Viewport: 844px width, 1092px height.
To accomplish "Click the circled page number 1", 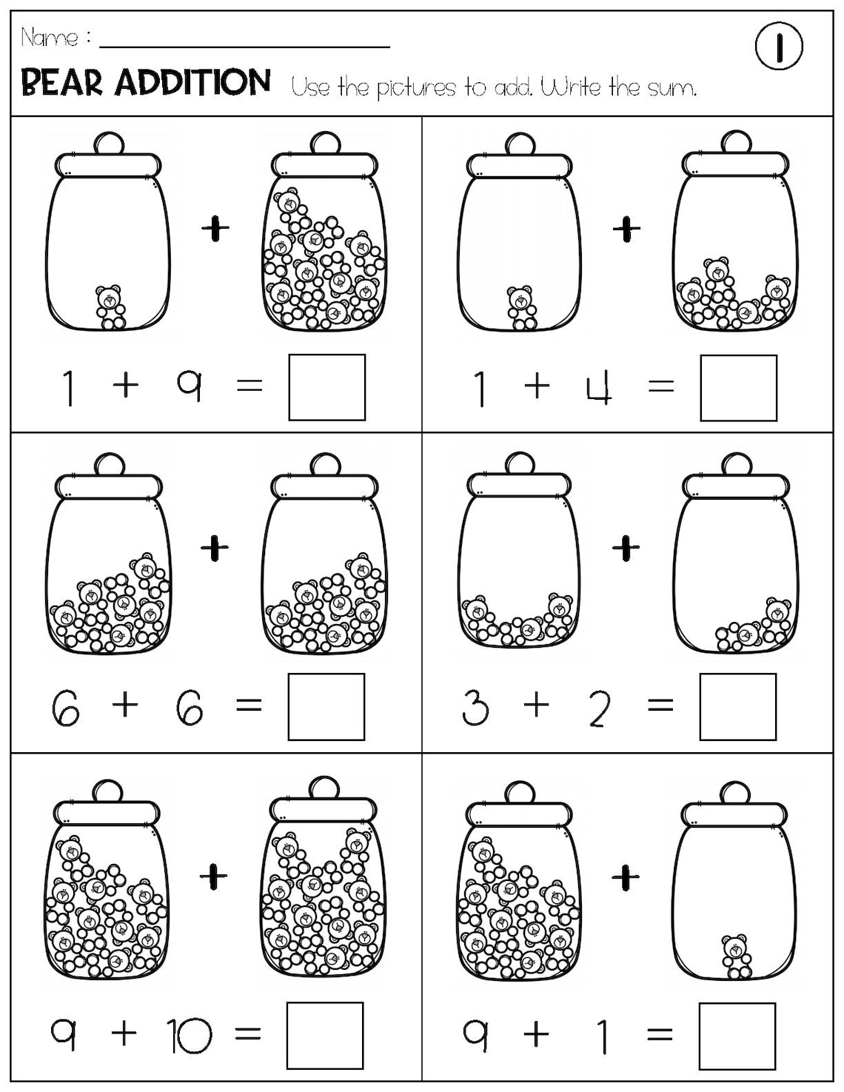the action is (779, 46).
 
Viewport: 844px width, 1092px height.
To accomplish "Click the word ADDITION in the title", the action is (192, 81).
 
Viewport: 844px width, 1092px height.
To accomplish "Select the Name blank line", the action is (244, 47).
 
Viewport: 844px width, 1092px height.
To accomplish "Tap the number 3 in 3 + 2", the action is (475, 706).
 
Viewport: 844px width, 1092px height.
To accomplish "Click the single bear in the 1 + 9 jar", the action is (110, 307).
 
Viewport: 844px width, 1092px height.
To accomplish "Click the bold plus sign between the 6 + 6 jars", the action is (215, 547).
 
